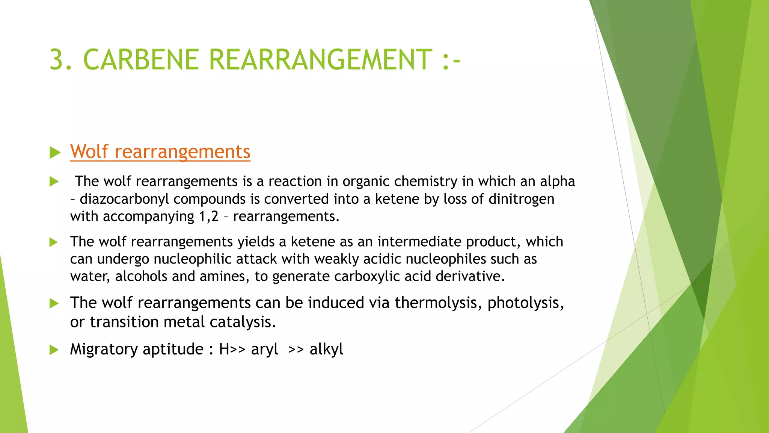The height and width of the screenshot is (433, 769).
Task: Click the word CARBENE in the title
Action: pos(140,60)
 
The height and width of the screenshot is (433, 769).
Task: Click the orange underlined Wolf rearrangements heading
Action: pos(160,152)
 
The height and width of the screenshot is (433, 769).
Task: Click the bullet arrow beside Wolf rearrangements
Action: pos(55,153)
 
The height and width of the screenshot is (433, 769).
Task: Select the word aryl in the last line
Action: pos(264,350)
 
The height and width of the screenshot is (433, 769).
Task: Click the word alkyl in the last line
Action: pos(326,350)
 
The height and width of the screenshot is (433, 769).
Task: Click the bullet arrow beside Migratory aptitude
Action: pos(54,350)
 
